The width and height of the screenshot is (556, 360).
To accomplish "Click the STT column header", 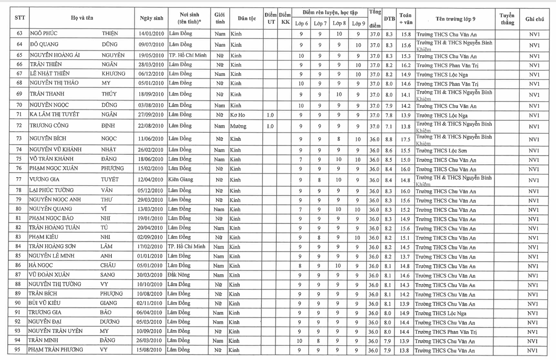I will click(19, 18).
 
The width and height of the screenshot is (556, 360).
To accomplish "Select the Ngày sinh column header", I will click(151, 18).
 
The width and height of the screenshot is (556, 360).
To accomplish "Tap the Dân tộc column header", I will click(247, 18).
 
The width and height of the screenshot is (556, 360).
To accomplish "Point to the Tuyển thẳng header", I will click(507, 19).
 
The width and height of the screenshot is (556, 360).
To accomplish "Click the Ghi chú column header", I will click(535, 19).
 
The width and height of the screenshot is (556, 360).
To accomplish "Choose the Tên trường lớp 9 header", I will click(455, 19).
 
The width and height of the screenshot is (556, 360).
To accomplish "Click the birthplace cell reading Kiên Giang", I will click(180, 180).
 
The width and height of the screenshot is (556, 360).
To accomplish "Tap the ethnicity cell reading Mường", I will click(238, 126).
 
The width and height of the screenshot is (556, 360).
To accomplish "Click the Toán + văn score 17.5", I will click(406, 139).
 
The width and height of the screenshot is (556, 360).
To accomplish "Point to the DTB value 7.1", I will click(389, 126).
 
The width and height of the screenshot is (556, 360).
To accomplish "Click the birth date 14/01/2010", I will click(152, 34).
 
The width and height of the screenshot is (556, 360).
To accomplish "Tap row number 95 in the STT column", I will click(18, 350).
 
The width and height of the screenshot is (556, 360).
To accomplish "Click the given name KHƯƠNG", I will click(113, 74).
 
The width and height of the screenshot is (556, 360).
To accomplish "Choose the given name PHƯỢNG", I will click(111, 294).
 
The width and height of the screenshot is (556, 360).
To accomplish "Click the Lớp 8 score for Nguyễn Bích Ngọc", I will click(339, 139).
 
